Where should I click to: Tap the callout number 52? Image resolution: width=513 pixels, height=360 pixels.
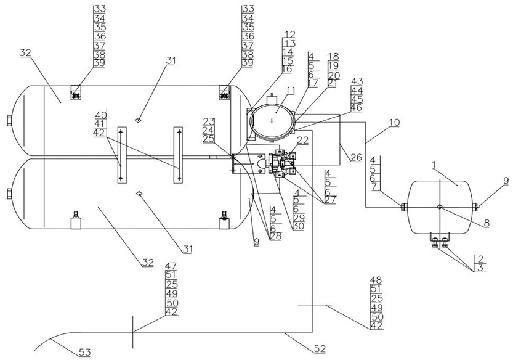tap(320, 350)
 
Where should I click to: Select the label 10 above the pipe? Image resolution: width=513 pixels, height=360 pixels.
tap(394, 123)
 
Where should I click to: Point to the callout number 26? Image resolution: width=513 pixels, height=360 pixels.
tap(356, 158)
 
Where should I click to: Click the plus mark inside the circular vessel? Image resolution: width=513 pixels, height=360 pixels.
tap(272, 121)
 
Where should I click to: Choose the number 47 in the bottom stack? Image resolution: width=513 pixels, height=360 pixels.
tap(171, 266)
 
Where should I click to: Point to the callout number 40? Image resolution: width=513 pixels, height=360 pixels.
tap(100, 115)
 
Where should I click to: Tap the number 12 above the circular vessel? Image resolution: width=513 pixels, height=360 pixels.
tap(289, 35)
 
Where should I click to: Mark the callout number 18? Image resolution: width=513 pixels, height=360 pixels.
tap(333, 56)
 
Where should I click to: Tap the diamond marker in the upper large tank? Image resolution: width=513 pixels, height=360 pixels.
tap(139, 118)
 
